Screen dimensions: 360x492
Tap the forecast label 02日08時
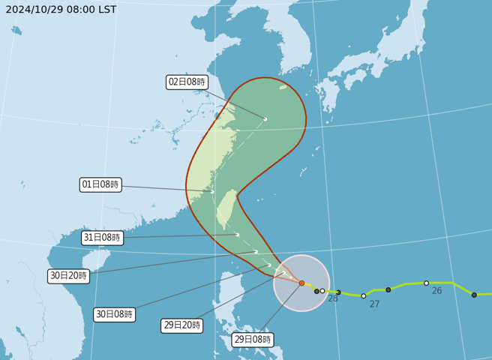tap(187, 82)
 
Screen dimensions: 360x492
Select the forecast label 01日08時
tap(100, 184)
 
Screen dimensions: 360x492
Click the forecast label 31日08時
tap(102, 238)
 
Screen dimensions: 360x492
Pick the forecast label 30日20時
tap(69, 275)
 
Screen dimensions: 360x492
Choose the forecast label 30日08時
tap(115, 314)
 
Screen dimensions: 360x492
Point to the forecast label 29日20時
tap(182, 325)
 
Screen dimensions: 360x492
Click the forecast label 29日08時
tap(252, 340)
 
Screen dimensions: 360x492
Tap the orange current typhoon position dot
tap(301, 283)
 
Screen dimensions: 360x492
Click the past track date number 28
tap(333, 298)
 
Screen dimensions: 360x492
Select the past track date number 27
tap(374, 304)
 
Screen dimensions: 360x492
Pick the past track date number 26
tap(436, 290)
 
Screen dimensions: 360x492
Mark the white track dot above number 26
tap(426, 283)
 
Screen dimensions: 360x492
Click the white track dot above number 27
tap(364, 295)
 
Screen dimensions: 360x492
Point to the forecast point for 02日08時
tap(265, 118)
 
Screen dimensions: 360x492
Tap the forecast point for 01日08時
tap(212, 191)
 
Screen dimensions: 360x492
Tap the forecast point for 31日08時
tap(238, 235)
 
